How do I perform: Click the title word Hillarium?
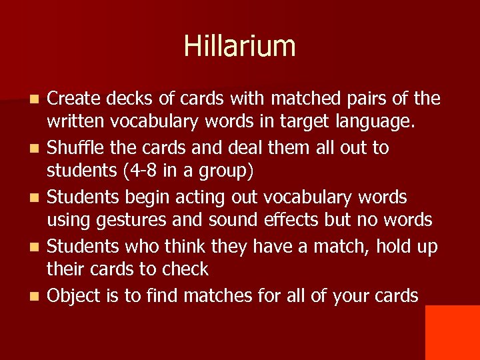click(239, 46)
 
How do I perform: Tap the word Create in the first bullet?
click(71, 99)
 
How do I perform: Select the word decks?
click(121, 99)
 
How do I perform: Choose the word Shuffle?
click(74, 147)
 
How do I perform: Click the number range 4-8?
click(139, 171)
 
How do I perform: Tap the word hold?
click(397, 246)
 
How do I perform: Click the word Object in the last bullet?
click(74, 295)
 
